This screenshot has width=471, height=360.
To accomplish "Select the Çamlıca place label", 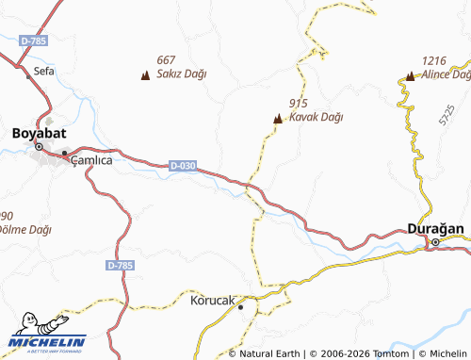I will click(x=92, y=160).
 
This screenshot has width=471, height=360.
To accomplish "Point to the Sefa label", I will click(x=44, y=71).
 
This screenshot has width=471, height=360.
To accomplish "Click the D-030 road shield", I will click(x=184, y=166).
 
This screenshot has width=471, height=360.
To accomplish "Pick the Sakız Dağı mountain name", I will click(x=182, y=74).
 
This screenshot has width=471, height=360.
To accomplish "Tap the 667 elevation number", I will click(x=168, y=59).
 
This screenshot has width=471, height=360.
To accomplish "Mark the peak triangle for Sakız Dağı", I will click(x=145, y=74).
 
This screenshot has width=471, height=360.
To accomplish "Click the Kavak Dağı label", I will click(x=316, y=118).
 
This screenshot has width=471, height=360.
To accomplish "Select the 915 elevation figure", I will click(x=300, y=104).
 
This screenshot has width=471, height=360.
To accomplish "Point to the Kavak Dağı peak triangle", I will click(x=277, y=119).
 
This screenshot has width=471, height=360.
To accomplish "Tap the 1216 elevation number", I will click(x=434, y=59).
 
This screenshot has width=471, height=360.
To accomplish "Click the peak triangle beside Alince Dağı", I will click(x=410, y=74).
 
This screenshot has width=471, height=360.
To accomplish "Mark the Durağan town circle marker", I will click(x=435, y=242).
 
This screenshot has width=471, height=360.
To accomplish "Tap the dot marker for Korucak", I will click(x=240, y=306).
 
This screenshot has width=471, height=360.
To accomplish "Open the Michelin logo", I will click(x=47, y=341).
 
